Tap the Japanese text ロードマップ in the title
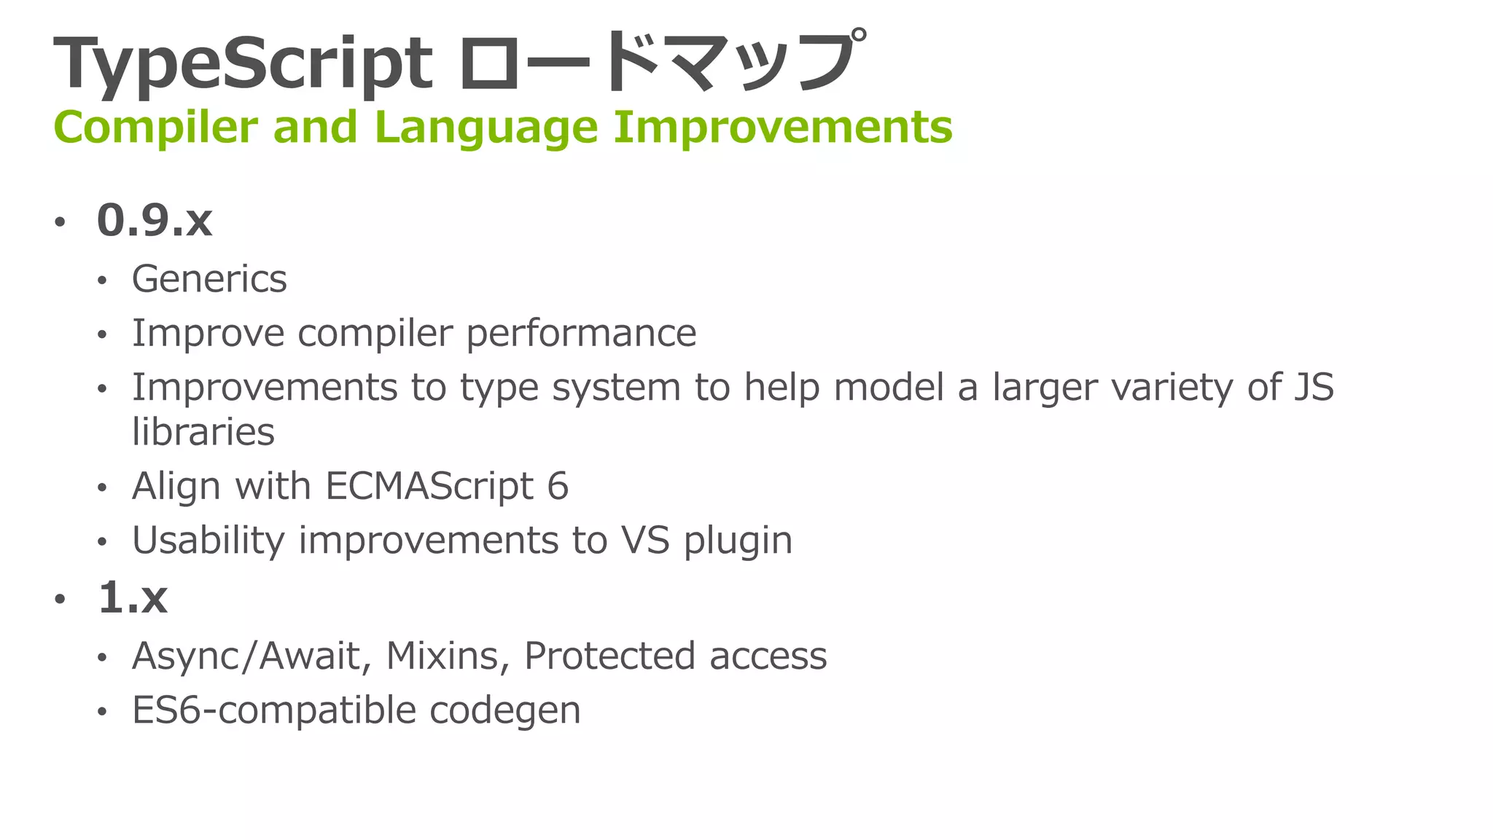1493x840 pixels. tap(662, 64)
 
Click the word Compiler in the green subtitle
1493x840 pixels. tap(155, 127)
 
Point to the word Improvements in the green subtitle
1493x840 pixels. tap(782, 127)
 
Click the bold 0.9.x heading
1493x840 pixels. tap(155, 220)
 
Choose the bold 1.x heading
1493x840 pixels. tap(133, 598)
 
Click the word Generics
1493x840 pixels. tap(209, 279)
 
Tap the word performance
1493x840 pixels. tap(581, 334)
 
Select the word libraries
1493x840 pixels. tap(203, 432)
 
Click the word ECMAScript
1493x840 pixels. tap(430, 486)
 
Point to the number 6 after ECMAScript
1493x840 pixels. tap(558, 486)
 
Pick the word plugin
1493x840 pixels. tap(738, 541)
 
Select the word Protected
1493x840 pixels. tap(609, 656)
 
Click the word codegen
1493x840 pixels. tap(504, 710)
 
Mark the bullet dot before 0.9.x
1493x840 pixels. tap(60, 221)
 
